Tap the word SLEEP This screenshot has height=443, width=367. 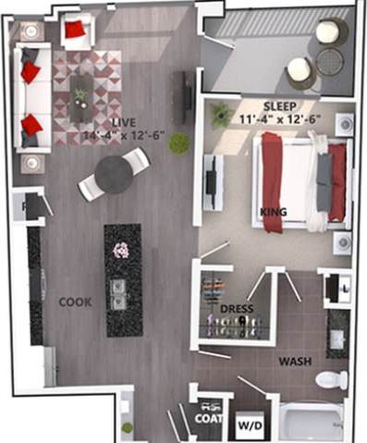click(279, 105)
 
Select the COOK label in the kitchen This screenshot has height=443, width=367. click(74, 301)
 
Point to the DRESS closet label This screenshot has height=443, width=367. click(238, 308)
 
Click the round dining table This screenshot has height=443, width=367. click(115, 174)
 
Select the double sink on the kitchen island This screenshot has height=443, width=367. click(118, 292)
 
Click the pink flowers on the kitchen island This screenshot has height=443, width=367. click(120, 250)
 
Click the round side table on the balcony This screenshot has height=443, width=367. click(330, 61)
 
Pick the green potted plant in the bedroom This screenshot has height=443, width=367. click(221, 115)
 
